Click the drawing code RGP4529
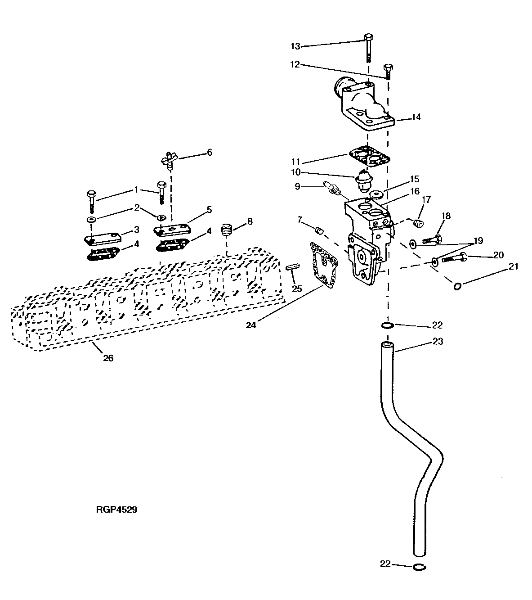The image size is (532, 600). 116,510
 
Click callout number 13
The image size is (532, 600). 295,46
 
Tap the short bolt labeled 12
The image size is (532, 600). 388,71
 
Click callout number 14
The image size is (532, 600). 416,117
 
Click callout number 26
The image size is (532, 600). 108,358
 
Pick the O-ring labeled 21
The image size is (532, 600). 457,286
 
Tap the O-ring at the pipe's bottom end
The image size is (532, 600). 418,567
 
